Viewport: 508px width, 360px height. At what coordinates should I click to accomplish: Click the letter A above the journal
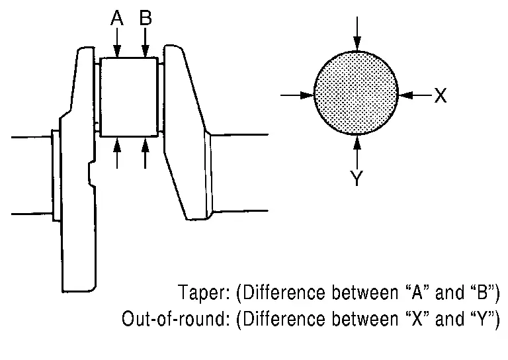[117, 18]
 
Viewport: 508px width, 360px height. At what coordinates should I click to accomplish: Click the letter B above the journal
[146, 18]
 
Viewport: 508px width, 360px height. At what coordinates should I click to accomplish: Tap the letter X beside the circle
[441, 95]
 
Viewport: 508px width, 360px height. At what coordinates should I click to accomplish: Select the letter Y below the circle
[357, 178]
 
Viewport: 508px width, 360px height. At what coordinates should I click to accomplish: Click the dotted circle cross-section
[357, 93]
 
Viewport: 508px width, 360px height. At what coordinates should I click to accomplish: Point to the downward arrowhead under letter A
[117, 51]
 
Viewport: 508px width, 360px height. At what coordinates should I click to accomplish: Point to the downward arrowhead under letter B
[145, 51]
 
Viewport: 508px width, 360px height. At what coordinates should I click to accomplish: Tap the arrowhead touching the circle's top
[357, 44]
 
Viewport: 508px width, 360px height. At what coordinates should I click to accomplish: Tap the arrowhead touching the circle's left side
[307, 95]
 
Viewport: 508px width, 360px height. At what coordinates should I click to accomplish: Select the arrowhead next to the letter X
[405, 95]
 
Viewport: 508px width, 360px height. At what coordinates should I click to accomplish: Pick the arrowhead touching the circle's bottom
[357, 142]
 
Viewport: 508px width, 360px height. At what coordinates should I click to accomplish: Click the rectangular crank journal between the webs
[129, 97]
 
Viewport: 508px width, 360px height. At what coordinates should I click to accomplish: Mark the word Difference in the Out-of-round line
[284, 319]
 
